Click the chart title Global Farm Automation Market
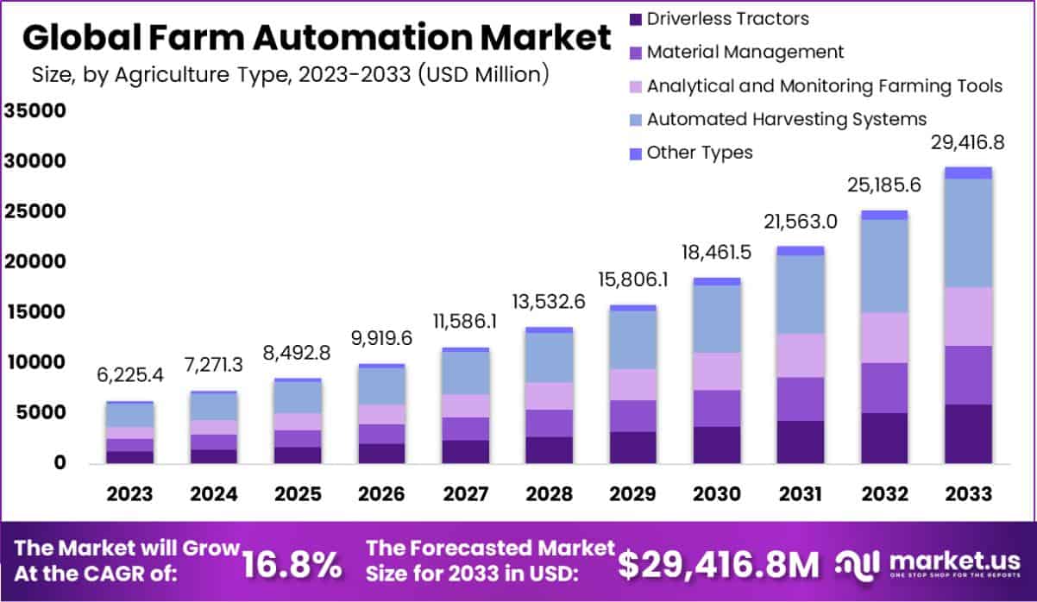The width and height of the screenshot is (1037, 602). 316,38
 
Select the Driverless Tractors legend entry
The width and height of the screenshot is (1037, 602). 727,18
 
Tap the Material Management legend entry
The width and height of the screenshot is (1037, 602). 745,52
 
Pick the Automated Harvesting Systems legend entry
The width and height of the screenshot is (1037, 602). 786,119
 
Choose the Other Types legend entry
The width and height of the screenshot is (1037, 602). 699,153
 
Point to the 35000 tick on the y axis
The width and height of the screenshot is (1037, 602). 35,111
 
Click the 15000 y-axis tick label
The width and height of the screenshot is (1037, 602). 35,312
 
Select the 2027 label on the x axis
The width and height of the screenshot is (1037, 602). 466,495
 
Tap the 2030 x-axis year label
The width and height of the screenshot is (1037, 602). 716,495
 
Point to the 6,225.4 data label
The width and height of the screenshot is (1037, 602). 130,375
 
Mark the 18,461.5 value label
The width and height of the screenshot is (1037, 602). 716,254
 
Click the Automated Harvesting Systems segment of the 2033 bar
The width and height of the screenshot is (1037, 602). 968,233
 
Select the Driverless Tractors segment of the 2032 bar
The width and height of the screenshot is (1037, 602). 884,438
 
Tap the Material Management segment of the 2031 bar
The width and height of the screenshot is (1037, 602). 801,398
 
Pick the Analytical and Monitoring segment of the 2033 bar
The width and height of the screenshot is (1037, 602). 968,317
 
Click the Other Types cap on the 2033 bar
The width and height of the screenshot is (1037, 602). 968,172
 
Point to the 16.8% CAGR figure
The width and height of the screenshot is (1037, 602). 291,564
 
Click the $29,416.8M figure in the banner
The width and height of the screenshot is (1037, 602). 719,564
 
